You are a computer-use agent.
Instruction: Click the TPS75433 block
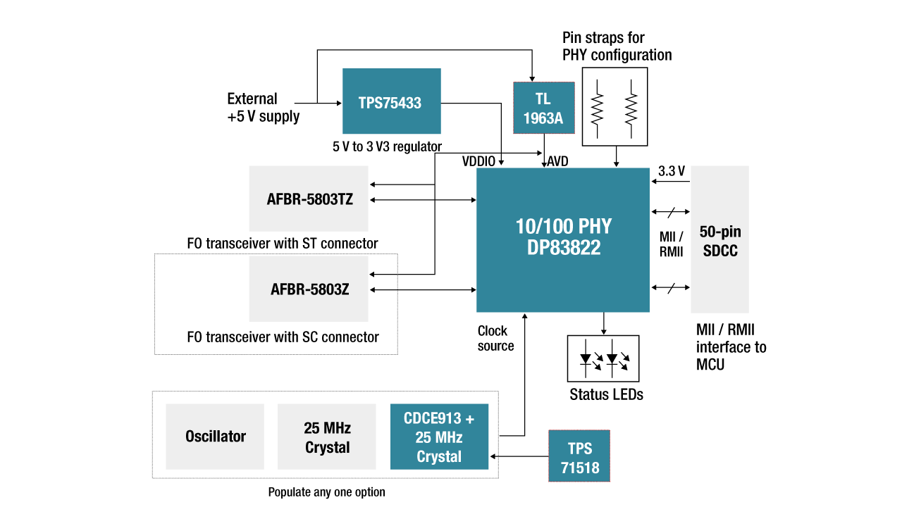(391, 101)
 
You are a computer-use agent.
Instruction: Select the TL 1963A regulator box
(543, 108)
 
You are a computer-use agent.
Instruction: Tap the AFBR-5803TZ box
(309, 199)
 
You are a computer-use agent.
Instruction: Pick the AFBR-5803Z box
(309, 289)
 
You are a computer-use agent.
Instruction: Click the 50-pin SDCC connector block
(719, 239)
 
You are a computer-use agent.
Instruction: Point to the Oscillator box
(215, 437)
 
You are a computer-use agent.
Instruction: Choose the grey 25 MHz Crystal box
(327, 437)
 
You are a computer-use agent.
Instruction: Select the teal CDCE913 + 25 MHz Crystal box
(439, 437)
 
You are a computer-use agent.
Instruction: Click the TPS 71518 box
(579, 456)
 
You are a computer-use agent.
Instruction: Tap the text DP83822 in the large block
(564, 248)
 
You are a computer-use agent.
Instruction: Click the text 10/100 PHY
(564, 227)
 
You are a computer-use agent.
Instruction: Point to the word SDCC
(720, 251)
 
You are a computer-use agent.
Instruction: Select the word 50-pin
(720, 232)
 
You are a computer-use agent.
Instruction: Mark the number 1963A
(543, 118)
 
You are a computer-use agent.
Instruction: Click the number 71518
(580, 468)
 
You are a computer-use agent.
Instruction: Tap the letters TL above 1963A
(543, 99)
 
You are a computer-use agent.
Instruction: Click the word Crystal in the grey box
(328, 447)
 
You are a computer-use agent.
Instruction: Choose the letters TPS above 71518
(580, 449)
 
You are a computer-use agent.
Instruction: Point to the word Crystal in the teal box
(439, 456)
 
